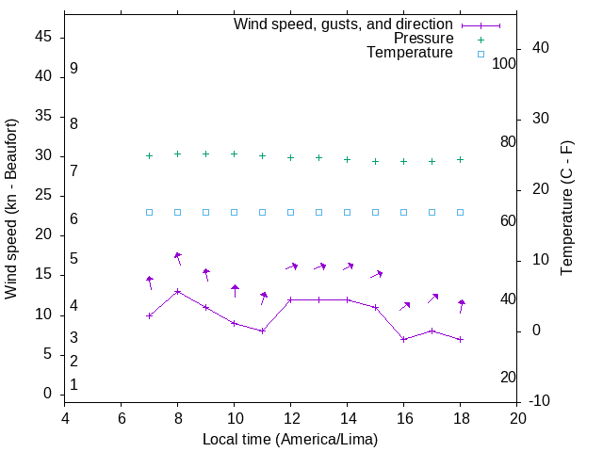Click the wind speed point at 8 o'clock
tap(177, 291)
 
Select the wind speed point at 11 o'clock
tap(262, 331)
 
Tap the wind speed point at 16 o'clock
tap(403, 339)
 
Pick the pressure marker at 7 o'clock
tap(149, 155)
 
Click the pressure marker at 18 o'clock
tap(460, 159)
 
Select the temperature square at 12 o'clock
tap(290, 212)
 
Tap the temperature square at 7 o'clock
tap(149, 212)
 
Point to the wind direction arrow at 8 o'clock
tap(177, 258)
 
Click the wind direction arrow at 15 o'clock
tap(376, 274)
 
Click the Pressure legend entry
tap(424, 39)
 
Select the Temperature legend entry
tap(410, 53)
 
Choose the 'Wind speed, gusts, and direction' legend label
tap(344, 24)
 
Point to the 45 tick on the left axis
tap(44, 37)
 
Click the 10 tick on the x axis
tap(235, 420)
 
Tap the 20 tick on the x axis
tap(517, 420)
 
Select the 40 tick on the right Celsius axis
tap(541, 48)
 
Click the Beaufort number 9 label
tap(73, 69)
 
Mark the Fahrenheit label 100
tap(505, 63)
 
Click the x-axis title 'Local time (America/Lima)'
tap(290, 440)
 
